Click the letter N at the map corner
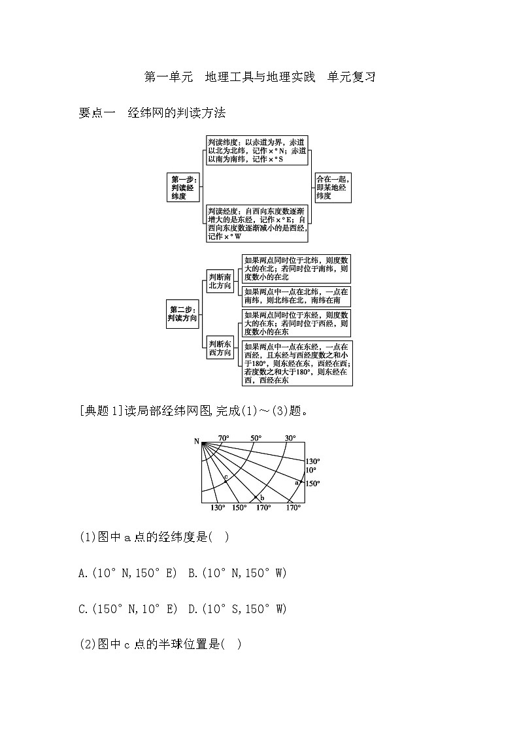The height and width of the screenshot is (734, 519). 196,442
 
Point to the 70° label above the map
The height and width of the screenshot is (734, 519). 224,438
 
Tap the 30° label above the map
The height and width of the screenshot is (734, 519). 290,438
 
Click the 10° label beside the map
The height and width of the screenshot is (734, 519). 311,470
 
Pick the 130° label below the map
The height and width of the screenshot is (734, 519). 218,508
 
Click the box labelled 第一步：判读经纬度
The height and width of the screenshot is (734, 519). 183,187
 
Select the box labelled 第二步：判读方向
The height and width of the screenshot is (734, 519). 182,314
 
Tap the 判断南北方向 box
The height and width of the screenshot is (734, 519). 220,281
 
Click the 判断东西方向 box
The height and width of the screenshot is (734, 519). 220,348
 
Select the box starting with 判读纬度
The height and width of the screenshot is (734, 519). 257,150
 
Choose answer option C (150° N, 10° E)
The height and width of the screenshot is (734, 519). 127,609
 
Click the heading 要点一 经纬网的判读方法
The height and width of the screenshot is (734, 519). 152,113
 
